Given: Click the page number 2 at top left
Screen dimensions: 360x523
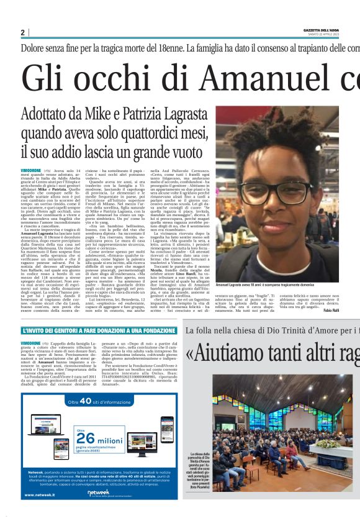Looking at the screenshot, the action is pyautogui.click(x=22, y=32).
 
